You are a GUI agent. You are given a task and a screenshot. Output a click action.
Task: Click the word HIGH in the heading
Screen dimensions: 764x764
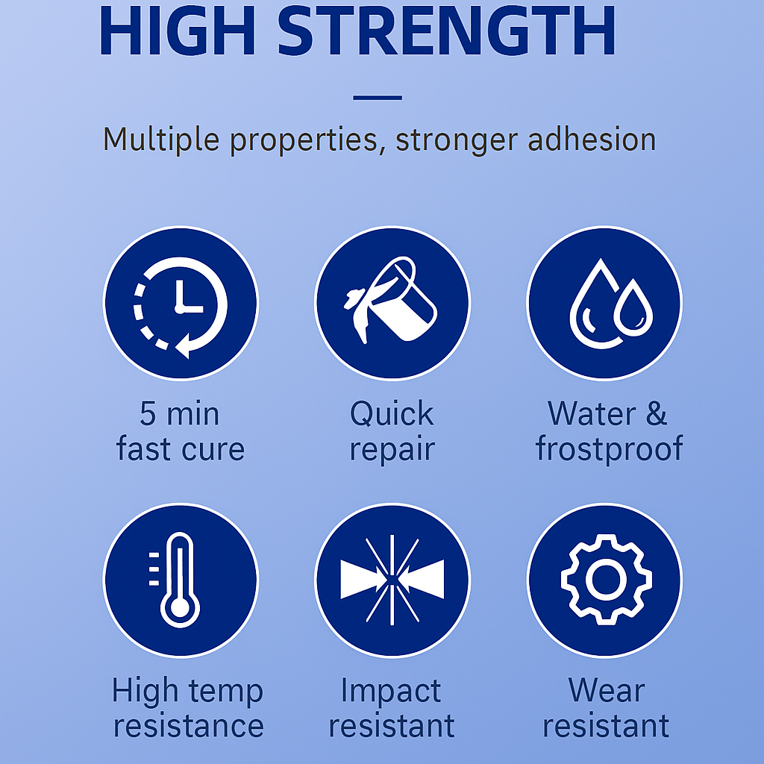178,30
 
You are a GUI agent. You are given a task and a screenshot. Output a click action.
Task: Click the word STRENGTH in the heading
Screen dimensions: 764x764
447,30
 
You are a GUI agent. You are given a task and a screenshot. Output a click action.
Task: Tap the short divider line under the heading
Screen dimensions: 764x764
378,98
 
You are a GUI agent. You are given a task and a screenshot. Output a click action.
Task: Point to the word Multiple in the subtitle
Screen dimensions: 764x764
161,140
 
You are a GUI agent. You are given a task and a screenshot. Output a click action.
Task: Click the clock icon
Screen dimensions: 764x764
181,307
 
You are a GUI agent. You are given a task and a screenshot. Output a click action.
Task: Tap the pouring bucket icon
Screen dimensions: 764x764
390,300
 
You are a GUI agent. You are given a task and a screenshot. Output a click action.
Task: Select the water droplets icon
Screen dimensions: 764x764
611,303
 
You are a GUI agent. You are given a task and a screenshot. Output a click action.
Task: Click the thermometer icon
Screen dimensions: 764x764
175,579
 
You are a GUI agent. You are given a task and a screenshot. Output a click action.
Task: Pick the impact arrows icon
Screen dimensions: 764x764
392,580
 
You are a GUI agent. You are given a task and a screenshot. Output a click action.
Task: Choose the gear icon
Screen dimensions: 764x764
606,579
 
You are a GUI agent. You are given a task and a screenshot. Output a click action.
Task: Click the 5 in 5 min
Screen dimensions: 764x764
148,413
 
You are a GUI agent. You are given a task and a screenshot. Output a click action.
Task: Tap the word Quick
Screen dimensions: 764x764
392,414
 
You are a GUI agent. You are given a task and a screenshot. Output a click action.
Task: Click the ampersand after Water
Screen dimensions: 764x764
657,413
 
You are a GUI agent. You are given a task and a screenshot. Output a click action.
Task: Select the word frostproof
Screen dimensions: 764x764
609,448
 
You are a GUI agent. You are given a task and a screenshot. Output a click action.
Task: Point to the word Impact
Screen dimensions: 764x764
391,692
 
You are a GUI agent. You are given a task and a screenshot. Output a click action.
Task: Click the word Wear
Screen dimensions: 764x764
607,690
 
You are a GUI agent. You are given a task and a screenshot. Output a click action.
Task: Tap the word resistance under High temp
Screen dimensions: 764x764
189,726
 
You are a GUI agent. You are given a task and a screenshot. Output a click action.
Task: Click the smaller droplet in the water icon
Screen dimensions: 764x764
633,308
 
